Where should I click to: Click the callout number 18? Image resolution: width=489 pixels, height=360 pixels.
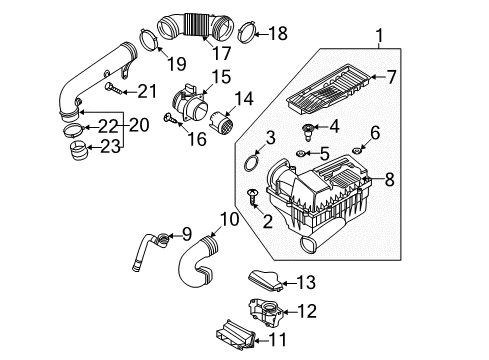pos(278,33)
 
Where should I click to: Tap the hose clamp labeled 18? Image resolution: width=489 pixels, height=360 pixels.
pos(247,33)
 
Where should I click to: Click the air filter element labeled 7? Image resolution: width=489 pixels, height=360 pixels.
pos(328,89)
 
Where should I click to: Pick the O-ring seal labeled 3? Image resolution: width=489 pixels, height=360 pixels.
pos(251,162)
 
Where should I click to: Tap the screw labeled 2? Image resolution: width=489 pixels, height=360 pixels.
pos(253,197)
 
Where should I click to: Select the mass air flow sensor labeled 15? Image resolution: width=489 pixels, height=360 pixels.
pos(190,104)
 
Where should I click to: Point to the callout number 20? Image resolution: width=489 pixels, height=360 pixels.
pos(139,125)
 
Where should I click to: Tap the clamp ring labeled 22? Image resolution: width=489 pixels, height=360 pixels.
pos(73,130)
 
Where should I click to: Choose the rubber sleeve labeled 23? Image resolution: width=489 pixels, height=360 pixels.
pos(79,150)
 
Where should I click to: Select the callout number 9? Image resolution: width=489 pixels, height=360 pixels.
pos(186,234)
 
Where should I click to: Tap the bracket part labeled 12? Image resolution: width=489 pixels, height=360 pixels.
pos(266,312)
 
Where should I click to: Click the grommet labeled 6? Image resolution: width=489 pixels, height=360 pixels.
pos(357,151)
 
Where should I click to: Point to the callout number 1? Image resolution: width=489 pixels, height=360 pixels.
pos(379,36)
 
